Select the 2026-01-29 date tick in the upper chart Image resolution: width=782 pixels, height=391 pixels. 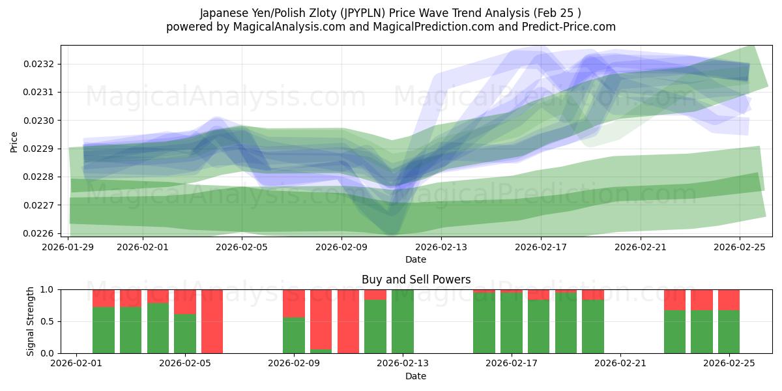(68, 247)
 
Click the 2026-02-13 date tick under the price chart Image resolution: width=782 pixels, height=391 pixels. (441, 247)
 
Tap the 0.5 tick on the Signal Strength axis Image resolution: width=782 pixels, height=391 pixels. (49, 321)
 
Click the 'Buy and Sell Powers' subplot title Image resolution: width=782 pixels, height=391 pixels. (416, 280)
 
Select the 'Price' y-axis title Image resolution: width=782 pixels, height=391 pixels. (14, 141)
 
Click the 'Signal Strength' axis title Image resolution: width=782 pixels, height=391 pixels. (31, 321)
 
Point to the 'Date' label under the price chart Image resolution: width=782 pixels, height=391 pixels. (416, 259)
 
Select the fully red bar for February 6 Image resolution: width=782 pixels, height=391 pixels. (212, 321)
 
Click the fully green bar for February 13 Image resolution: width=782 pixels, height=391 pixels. (403, 321)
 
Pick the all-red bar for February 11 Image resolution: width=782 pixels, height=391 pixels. (348, 321)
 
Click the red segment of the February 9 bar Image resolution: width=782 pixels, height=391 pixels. (294, 303)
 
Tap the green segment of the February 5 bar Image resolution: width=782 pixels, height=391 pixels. (185, 334)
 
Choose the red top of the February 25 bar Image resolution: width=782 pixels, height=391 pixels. (729, 300)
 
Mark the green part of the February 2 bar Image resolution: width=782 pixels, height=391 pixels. (104, 330)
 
